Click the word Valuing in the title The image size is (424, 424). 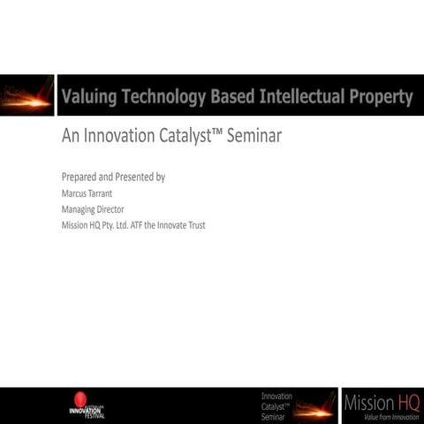(87, 97)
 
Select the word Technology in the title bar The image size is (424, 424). (163, 97)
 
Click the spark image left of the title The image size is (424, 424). (26, 96)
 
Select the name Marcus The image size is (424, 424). (75, 193)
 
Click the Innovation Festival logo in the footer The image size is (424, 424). (87, 405)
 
